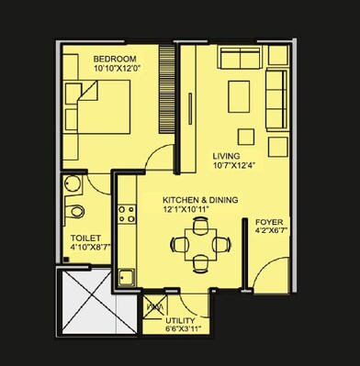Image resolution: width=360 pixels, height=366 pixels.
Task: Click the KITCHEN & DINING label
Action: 197,200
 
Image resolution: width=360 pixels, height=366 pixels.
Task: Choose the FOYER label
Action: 269,221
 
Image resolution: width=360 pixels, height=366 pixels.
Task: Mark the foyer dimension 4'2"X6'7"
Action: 270,232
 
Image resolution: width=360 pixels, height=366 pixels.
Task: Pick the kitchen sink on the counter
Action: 127,276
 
